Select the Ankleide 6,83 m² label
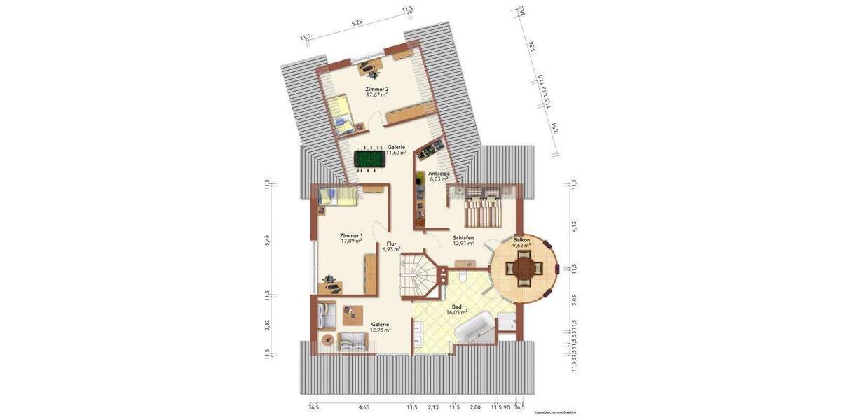tap(439, 176)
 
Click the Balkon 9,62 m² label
tap(521, 243)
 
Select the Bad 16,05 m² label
tap(456, 310)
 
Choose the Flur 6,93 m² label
tap(391, 246)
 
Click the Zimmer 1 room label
tap(351, 239)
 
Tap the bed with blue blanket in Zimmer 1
tap(336, 197)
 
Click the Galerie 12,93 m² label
tap(381, 326)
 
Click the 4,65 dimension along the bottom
tap(364, 407)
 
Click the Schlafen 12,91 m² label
tap(463, 240)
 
